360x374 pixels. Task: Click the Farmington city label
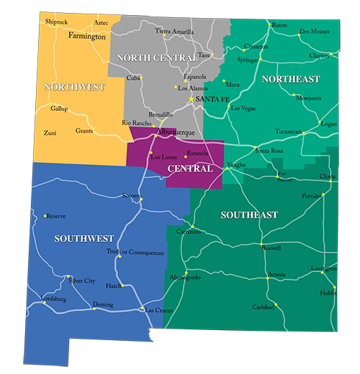pos(86,35)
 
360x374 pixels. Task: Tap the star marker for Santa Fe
pos(191,98)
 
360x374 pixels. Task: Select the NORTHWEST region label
pos(74,87)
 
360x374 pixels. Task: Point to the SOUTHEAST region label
pos(249,215)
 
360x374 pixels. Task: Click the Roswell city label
pos(271,249)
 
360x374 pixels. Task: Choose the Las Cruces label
pos(159,310)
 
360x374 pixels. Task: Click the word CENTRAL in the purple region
pos(189,169)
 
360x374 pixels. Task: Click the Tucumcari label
pos(289,132)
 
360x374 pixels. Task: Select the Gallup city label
pos(59,109)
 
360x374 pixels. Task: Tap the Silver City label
pos(81,280)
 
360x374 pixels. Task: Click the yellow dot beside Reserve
pos(45,215)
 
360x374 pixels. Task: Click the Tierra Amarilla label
pos(174,31)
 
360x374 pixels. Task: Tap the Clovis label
pos(328,177)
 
